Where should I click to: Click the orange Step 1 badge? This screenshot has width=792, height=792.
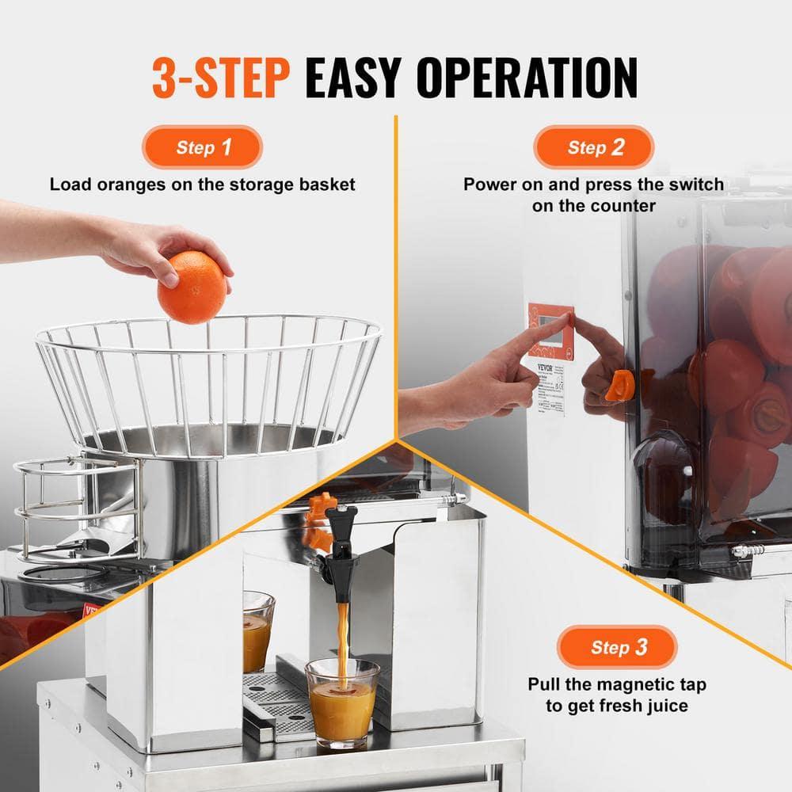click(x=202, y=147)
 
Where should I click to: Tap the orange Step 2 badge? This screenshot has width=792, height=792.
click(x=593, y=147)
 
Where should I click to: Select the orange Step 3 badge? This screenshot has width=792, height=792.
click(x=617, y=647)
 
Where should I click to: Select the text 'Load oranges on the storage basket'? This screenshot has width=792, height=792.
click(x=202, y=185)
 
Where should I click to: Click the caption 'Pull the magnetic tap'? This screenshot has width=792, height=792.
click(x=617, y=684)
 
